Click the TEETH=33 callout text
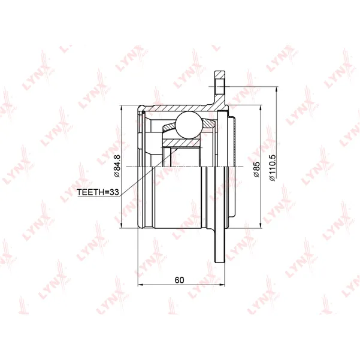coord(98,192)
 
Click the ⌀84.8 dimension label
coord(117,166)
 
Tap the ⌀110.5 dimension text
coord(272,168)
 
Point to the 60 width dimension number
coord(179,280)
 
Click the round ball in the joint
coord(189,125)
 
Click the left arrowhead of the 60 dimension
coord(141,285)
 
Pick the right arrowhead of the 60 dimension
coord(222,285)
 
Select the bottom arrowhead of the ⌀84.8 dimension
coord(121,225)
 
